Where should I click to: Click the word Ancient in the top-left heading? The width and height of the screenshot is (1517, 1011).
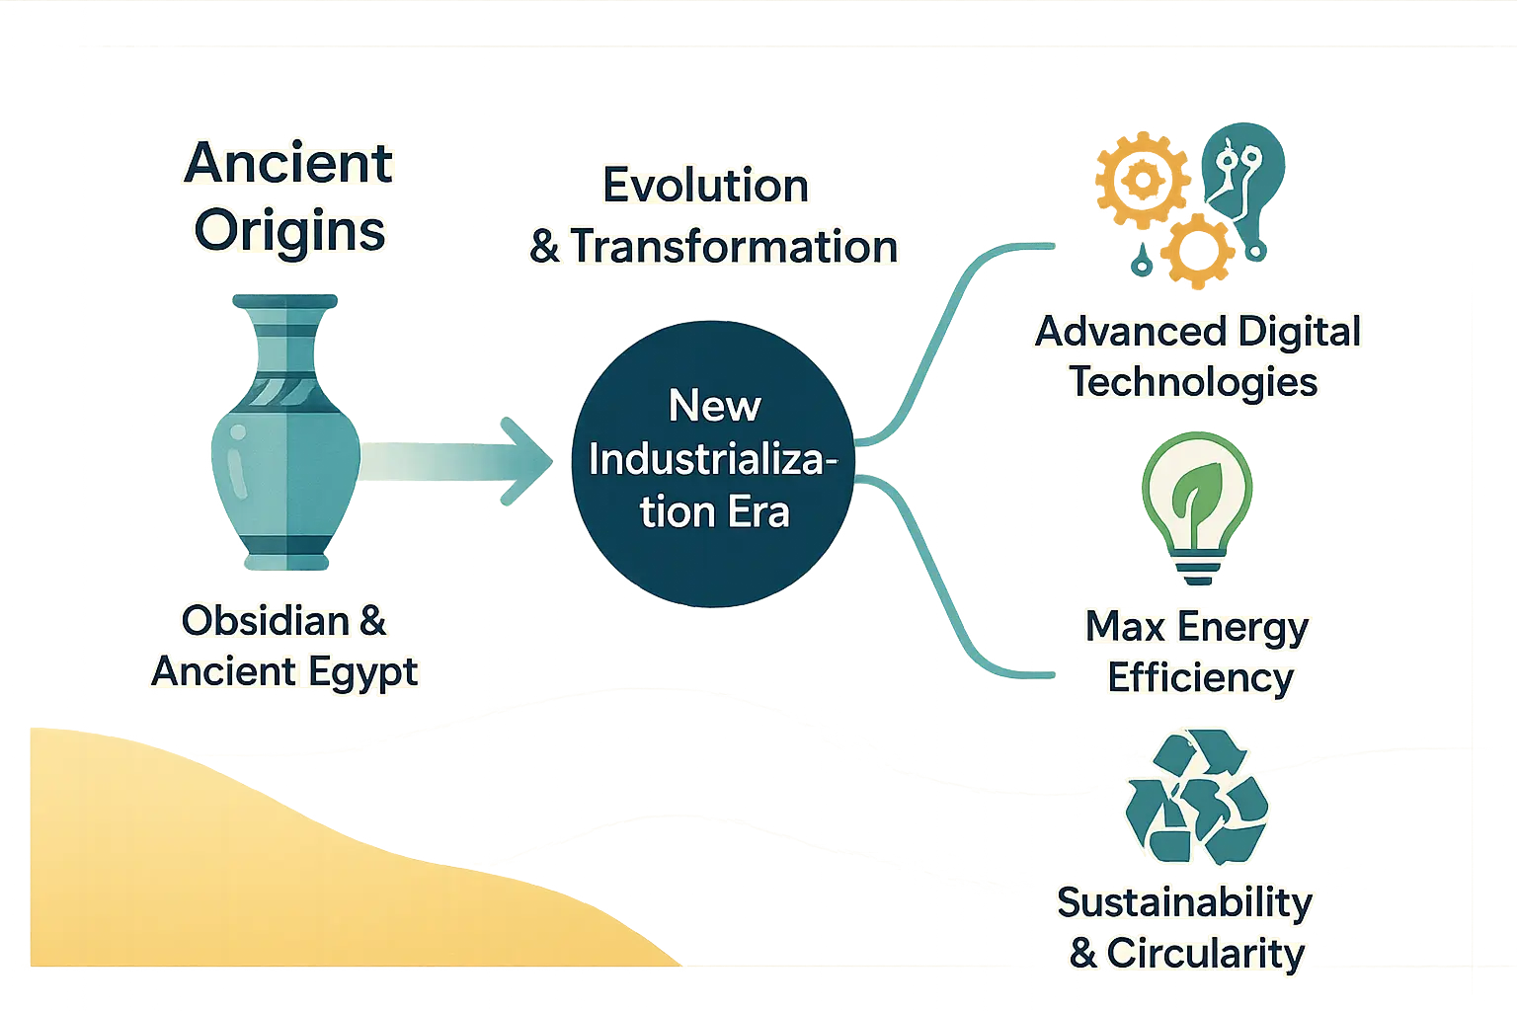click(288, 163)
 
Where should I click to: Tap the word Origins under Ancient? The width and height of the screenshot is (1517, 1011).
click(289, 231)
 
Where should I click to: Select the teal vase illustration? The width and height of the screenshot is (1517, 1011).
click(284, 434)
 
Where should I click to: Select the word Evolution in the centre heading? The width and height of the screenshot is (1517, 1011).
click(705, 186)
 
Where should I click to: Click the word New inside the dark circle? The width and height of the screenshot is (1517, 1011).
click(714, 406)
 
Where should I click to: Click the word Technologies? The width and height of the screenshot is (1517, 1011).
click(1194, 382)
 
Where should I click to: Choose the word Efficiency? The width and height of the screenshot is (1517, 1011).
click(1200, 678)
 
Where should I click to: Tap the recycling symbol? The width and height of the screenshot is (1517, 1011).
click(1196, 796)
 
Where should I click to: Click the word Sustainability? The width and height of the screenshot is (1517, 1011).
click(1184, 902)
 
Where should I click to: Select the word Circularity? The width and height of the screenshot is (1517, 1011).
click(1206, 954)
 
